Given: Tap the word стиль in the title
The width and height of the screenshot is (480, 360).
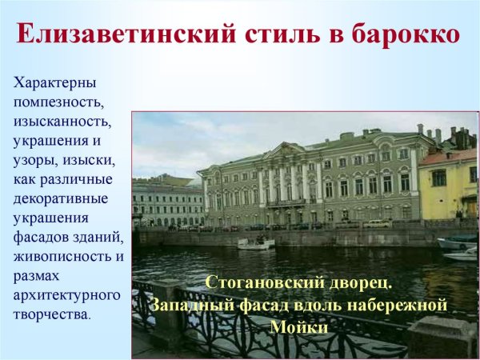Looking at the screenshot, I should click(273, 36).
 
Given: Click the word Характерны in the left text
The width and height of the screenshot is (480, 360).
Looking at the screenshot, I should click(55, 84).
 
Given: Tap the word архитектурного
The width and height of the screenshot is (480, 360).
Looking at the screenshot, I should click(66, 296).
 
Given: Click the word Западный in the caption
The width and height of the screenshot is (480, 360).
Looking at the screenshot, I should click(192, 305).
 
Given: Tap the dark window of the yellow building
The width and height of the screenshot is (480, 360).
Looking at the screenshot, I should click(439, 178).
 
